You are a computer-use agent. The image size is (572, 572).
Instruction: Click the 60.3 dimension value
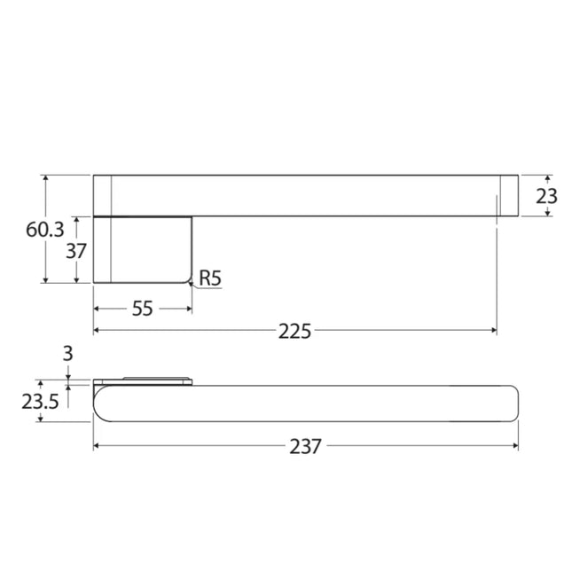click(x=45, y=230)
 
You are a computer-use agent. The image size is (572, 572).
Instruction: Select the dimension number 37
click(x=76, y=251)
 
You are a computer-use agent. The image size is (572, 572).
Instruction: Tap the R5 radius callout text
click(x=210, y=278)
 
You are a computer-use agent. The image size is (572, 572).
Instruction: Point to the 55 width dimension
click(x=142, y=309)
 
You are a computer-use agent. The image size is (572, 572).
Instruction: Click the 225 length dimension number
click(x=294, y=332)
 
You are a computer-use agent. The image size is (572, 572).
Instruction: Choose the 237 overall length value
click(x=305, y=446)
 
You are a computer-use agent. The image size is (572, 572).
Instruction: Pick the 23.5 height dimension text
click(x=40, y=402)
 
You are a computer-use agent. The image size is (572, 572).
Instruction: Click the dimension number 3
click(x=68, y=354)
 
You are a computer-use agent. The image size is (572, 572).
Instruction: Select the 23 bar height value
click(x=546, y=196)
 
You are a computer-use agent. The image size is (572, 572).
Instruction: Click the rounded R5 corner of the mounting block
click(x=189, y=280)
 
